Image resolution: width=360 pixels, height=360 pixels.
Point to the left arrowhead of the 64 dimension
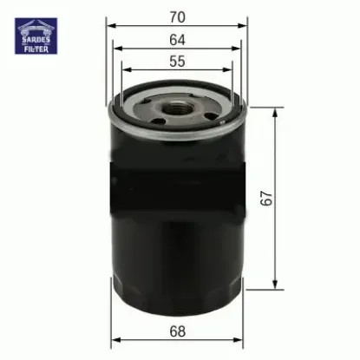[117, 49]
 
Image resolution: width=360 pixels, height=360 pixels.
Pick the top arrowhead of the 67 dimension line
[276, 111]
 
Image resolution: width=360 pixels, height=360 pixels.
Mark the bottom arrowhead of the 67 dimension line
[276, 288]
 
